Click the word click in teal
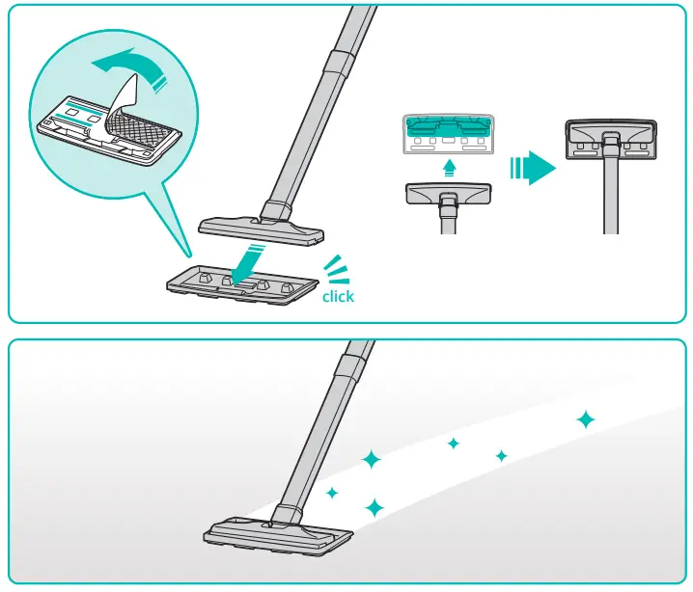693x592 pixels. (x=338, y=296)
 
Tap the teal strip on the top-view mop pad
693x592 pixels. (x=448, y=124)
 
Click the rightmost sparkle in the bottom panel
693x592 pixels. (x=585, y=419)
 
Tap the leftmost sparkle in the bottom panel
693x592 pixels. (x=332, y=493)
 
